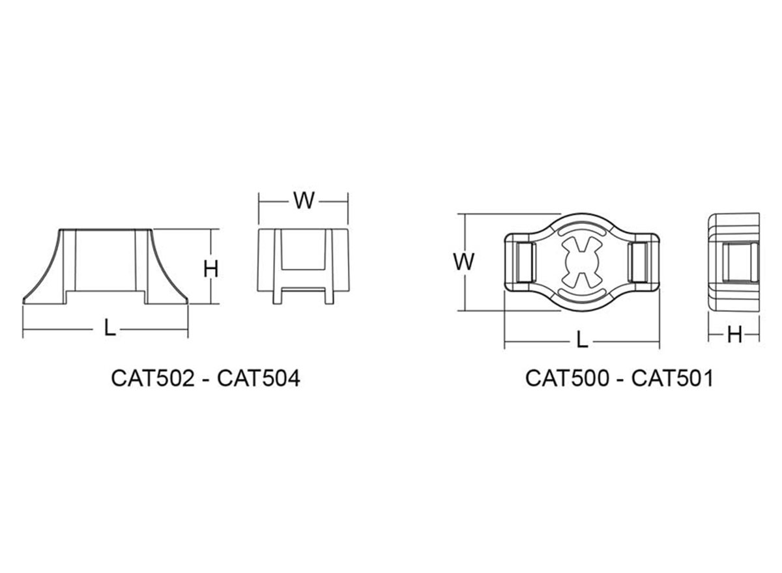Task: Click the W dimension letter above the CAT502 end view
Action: pos(304,201)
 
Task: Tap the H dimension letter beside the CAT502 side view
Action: pos(211,269)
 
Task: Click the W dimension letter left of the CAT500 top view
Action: pos(464,262)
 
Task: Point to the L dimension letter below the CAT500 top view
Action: pos(581,339)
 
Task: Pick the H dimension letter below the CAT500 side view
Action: pos(734,335)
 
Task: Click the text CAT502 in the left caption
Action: pos(152,378)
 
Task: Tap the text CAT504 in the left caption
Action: pos(259,378)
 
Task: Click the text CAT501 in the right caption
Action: pos(672,378)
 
